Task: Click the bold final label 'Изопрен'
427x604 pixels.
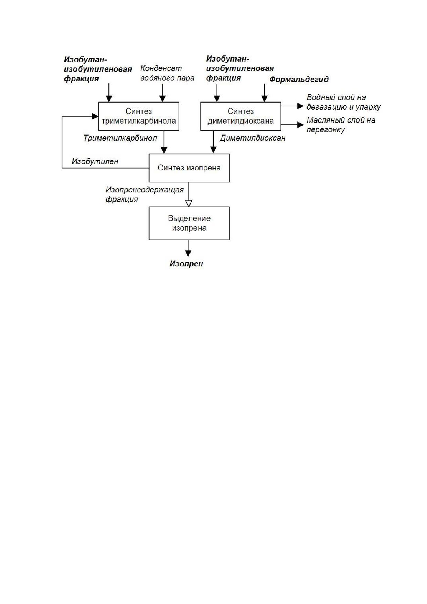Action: point(186,264)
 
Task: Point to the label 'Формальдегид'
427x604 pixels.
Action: point(299,80)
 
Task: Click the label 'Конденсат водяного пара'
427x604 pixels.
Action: point(167,73)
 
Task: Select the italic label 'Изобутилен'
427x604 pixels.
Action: point(95,161)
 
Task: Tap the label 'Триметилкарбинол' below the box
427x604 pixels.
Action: point(120,138)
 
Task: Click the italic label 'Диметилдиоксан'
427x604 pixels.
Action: point(253,138)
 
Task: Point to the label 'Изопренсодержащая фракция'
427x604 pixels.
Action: point(145,194)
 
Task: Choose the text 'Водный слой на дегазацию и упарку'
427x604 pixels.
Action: point(344,102)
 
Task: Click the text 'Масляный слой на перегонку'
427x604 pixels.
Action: point(341,125)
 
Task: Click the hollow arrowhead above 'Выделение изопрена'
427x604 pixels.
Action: point(189,203)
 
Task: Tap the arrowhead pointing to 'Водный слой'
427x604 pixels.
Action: point(300,106)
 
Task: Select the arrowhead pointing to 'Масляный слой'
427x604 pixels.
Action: point(300,125)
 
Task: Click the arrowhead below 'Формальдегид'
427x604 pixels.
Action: point(264,99)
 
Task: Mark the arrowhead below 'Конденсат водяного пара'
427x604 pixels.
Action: point(162,99)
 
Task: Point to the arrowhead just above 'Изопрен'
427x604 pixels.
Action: point(188,253)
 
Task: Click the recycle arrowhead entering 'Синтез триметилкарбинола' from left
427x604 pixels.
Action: point(95,116)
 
